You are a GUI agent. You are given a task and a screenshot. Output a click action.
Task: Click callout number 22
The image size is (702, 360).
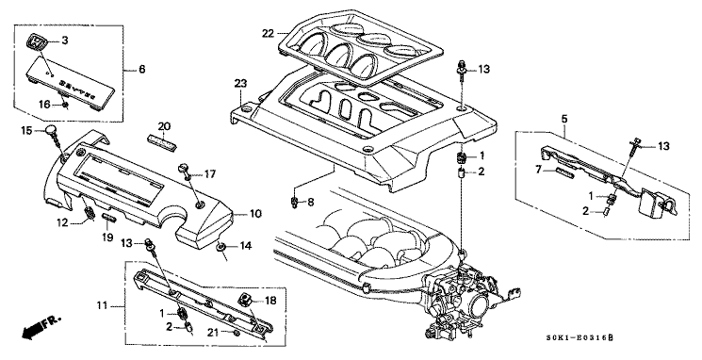coord(269,34)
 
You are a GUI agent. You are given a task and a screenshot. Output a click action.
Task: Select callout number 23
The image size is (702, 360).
coord(240,84)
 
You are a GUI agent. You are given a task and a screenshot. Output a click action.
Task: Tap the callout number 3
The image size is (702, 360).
coord(65,40)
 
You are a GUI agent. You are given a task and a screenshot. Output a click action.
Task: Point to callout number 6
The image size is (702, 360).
coord(142,69)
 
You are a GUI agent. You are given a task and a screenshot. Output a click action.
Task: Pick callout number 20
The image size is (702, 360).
coord(163,126)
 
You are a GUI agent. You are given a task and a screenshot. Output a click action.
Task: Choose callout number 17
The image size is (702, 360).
coord(211,173)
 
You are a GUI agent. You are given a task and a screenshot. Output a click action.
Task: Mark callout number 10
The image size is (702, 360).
coord(254,214)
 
